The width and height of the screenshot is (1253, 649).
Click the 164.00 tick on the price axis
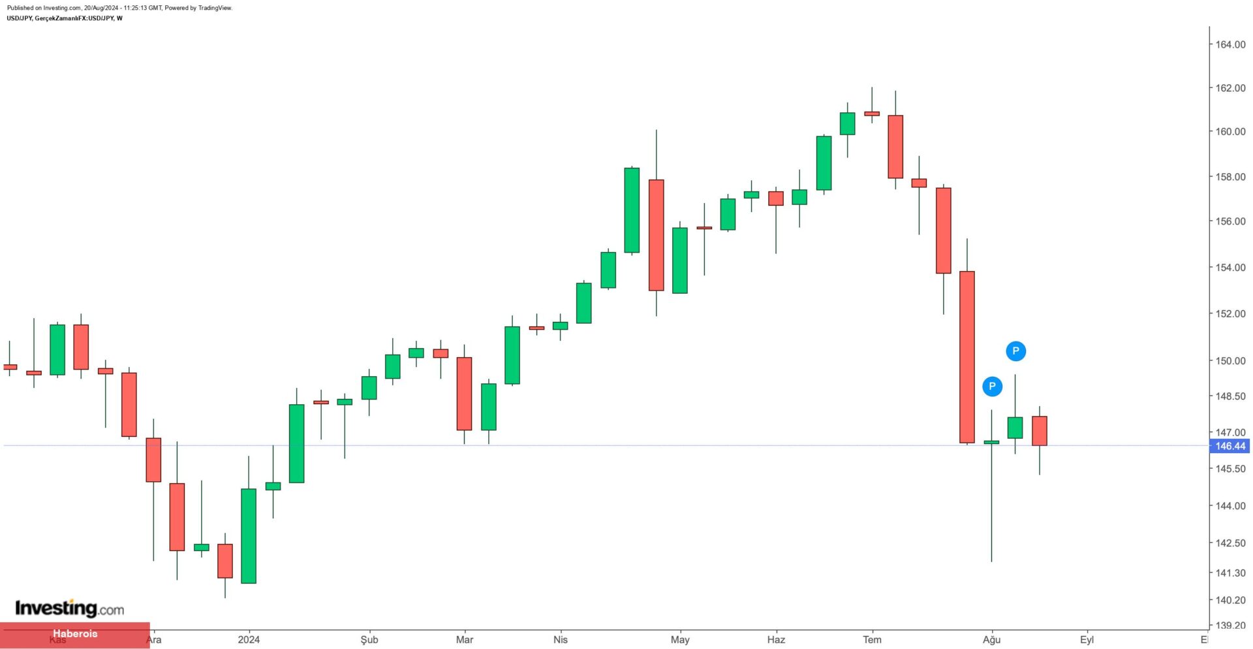pyautogui.click(x=1230, y=44)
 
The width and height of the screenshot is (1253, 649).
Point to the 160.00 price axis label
pyautogui.click(x=1230, y=131)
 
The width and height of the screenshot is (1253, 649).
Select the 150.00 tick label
pyautogui.click(x=1230, y=360)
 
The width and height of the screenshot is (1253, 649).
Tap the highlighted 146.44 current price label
pyautogui.click(x=1230, y=446)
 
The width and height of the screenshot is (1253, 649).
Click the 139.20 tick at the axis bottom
pyautogui.click(x=1230, y=625)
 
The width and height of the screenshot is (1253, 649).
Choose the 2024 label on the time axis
pyautogui.click(x=249, y=639)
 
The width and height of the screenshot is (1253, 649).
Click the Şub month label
pyautogui.click(x=369, y=639)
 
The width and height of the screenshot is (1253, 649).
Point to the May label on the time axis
pyautogui.click(x=680, y=639)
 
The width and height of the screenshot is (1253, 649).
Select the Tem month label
pyautogui.click(x=872, y=639)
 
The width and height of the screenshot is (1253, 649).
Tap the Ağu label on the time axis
pyautogui.click(x=991, y=639)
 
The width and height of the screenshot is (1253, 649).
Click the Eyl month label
pyautogui.click(x=1087, y=639)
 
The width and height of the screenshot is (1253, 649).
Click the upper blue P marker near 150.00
pyautogui.click(x=1015, y=351)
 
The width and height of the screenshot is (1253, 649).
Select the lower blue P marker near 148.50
pyautogui.click(x=992, y=387)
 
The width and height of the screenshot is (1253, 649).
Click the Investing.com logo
pyautogui.click(x=69, y=609)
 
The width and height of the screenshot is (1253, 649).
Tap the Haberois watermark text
pyautogui.click(x=75, y=633)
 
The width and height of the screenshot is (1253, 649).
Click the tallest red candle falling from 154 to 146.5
pyautogui.click(x=967, y=357)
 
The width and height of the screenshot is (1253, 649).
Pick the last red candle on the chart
pyautogui.click(x=1040, y=431)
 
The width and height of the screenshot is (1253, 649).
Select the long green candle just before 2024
pyautogui.click(x=249, y=535)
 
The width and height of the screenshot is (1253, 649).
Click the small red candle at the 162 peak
pyautogui.click(x=872, y=114)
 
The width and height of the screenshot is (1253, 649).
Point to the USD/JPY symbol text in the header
pyautogui.click(x=20, y=18)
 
